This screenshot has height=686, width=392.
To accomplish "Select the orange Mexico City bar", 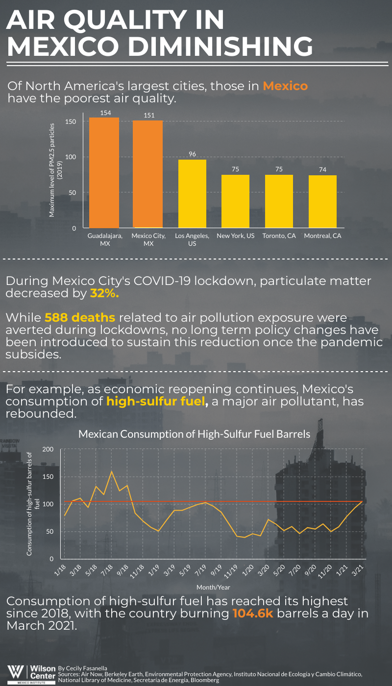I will (x=147, y=174).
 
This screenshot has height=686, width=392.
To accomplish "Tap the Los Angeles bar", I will (x=192, y=193).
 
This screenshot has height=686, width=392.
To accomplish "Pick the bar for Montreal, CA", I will (x=322, y=201).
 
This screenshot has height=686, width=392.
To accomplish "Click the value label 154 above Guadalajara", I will (x=105, y=113).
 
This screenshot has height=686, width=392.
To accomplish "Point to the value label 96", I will (x=193, y=154).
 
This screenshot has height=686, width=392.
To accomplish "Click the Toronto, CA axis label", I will (x=279, y=236).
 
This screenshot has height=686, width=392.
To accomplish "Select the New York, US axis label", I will (x=236, y=236).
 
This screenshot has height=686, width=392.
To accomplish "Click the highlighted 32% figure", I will (x=104, y=293).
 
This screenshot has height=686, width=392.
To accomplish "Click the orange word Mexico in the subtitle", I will (x=285, y=86).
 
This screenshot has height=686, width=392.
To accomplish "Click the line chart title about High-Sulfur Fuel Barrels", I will (x=195, y=434).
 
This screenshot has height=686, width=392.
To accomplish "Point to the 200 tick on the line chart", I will (x=48, y=449).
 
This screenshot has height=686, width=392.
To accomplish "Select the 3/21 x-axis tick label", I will (x=358, y=570).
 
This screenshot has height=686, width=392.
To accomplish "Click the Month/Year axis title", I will (x=213, y=587).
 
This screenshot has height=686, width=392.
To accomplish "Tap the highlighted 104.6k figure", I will (x=253, y=614).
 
